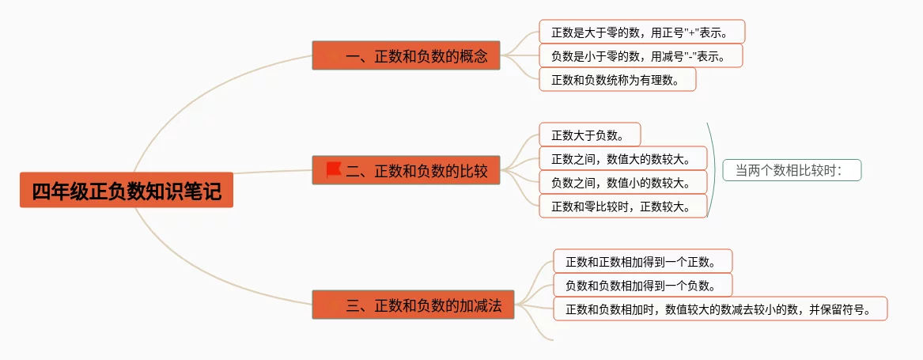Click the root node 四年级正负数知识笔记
click(x=127, y=191)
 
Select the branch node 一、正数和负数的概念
click(x=406, y=56)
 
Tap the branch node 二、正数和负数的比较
click(x=406, y=170)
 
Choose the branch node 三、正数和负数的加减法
click(x=413, y=305)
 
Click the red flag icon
click(x=333, y=169)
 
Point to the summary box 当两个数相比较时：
click(x=791, y=170)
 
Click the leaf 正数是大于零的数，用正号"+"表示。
click(x=641, y=32)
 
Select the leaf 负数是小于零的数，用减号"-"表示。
click(x=641, y=55)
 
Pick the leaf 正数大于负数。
click(x=589, y=135)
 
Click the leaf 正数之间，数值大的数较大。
click(x=622, y=159)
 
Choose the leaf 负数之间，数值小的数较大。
click(x=622, y=183)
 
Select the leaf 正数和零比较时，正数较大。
click(x=622, y=207)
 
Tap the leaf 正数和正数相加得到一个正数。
click(x=642, y=261)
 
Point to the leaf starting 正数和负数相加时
click(x=720, y=309)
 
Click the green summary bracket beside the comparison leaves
click(x=713, y=170)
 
